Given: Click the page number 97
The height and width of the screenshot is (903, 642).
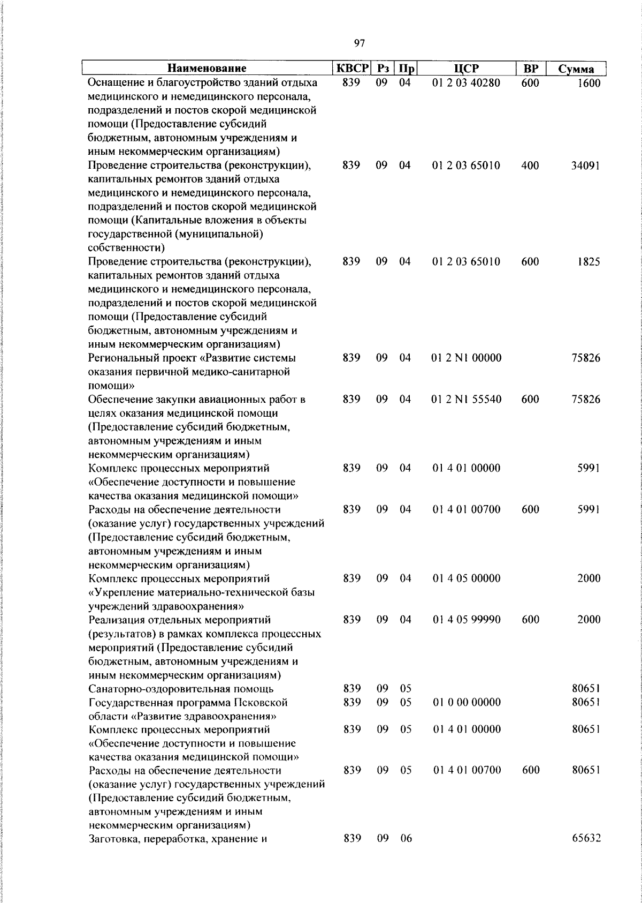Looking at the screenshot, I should [x=360, y=43].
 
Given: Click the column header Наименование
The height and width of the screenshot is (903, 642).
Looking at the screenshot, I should [x=207, y=69].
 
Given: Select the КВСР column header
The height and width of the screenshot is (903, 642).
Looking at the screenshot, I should [x=351, y=69].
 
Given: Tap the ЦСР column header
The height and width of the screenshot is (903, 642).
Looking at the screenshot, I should [x=466, y=69].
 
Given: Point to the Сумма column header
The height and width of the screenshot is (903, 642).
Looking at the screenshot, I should [x=576, y=69].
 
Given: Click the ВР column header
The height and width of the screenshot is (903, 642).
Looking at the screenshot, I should [x=530, y=69].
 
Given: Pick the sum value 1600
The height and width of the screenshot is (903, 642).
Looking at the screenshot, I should [x=588, y=84].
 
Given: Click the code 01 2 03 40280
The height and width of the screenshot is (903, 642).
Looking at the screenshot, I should [x=466, y=83].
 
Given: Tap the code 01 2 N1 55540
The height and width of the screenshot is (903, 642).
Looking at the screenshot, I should [x=467, y=400].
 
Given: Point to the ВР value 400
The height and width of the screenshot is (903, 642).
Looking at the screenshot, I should [x=530, y=165].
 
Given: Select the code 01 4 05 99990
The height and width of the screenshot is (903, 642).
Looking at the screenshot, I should [x=467, y=620].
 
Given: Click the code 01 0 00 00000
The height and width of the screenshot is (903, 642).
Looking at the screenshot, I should [x=467, y=702].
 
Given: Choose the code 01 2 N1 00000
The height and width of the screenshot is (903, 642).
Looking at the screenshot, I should [x=467, y=358].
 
